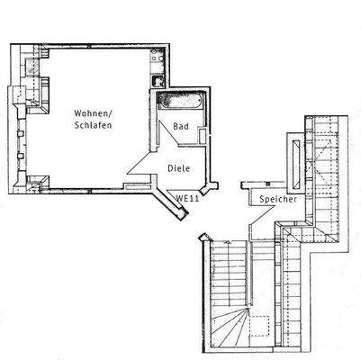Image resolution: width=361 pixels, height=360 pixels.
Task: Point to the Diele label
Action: (179, 166)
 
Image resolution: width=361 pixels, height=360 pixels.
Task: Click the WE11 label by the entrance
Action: (186, 197)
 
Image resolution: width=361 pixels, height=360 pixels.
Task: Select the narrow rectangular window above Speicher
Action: (296, 157)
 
